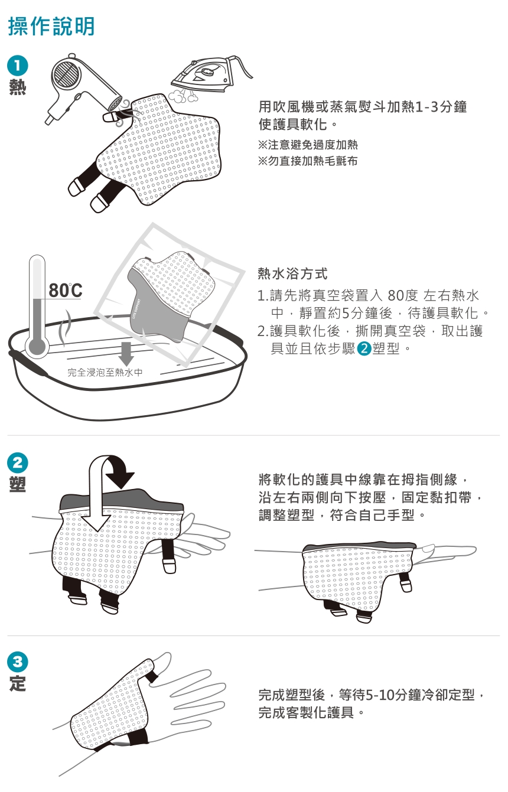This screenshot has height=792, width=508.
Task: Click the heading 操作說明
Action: click(51, 26)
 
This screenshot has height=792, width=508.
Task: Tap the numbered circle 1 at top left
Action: click(17, 66)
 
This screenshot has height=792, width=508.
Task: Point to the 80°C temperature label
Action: click(66, 291)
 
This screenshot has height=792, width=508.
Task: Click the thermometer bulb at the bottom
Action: click(37, 347)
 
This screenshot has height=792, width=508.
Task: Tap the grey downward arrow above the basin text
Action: click(126, 354)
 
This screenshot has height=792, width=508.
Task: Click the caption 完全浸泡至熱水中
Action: click(105, 372)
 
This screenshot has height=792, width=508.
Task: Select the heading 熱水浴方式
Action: click(292, 273)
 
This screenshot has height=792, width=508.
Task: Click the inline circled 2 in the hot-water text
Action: click(364, 348)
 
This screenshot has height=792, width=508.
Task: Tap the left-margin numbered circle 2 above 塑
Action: click(17, 462)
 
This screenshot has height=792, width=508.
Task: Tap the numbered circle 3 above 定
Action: click(17, 661)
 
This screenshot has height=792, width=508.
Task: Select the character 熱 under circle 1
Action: click(17, 87)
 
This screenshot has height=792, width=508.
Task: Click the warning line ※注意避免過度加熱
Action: click(308, 145)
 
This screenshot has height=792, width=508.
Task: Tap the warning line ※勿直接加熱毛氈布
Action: click(308, 161)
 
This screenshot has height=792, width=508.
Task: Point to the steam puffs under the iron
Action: click(182, 96)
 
